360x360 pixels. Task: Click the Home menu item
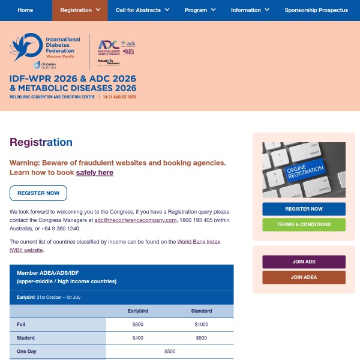point(25,10)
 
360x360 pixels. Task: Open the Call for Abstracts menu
point(142,10)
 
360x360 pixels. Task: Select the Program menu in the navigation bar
point(200,10)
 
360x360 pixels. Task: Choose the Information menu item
point(250,10)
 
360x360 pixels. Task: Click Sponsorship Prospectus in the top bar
point(316,10)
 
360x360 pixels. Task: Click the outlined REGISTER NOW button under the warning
point(38,193)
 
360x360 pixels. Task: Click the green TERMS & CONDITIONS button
point(304,224)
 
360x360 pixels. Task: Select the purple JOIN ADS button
point(304,262)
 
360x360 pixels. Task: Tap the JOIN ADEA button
point(304,277)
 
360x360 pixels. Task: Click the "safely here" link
point(95,172)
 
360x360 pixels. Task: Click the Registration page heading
point(41,142)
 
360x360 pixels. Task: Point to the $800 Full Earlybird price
point(139,324)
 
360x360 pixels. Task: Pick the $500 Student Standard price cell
point(201,338)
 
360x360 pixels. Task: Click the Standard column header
point(201,311)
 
